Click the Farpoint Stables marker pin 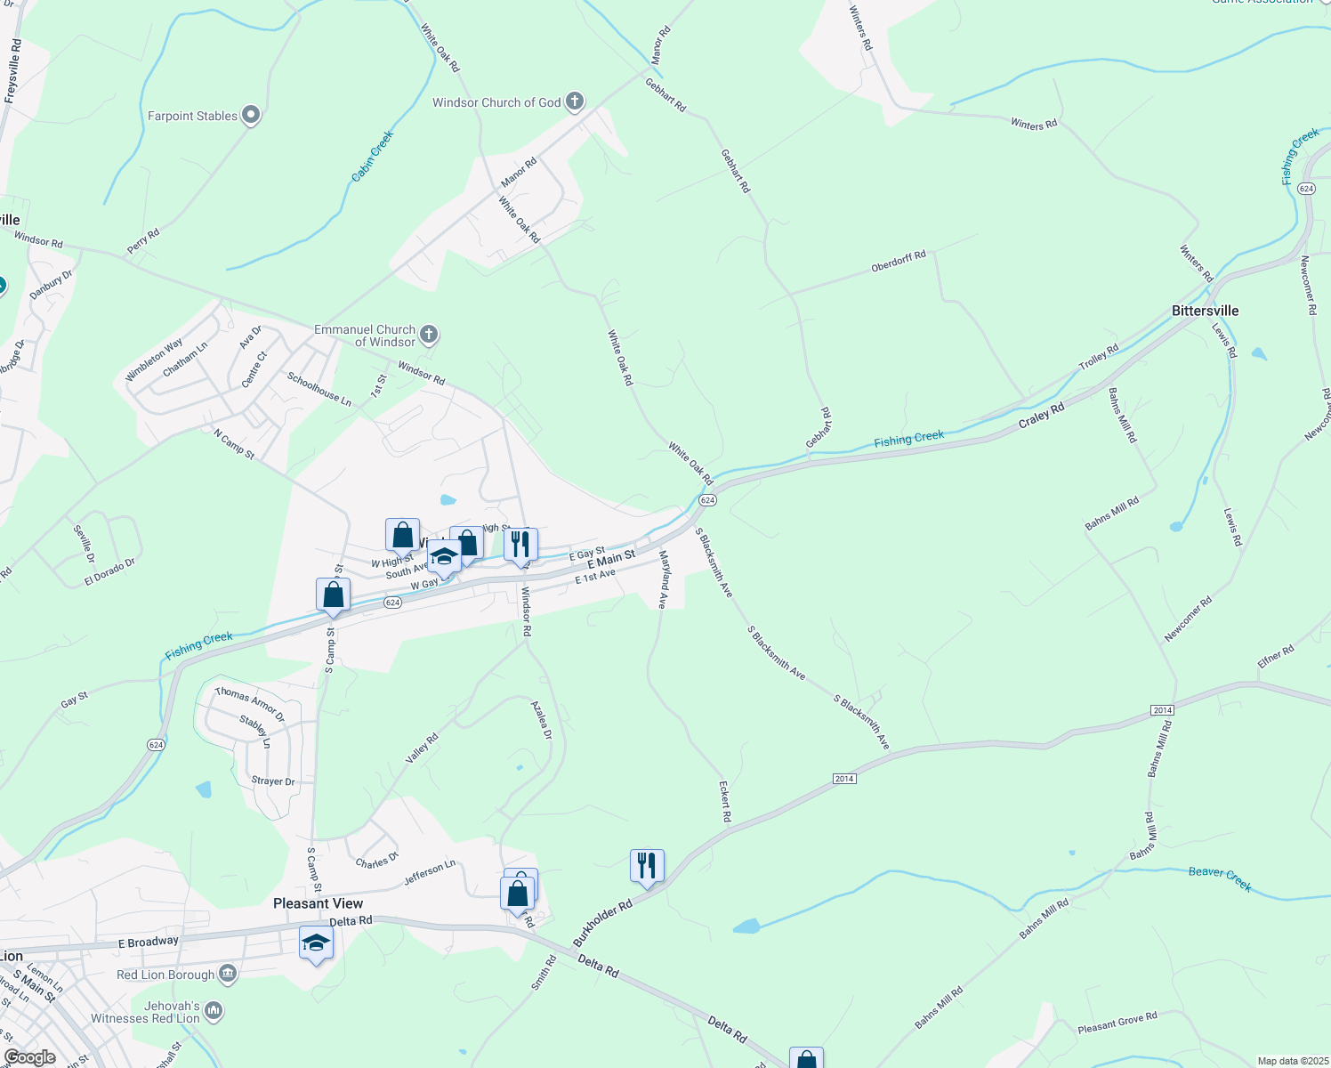(x=251, y=115)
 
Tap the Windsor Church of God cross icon (x=575, y=101)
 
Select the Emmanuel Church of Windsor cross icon (x=429, y=335)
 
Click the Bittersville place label (x=1205, y=311)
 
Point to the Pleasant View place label (x=318, y=903)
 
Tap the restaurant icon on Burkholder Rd (x=647, y=865)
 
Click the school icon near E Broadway (x=316, y=943)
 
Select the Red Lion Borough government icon (x=228, y=974)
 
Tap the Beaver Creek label (x=1220, y=878)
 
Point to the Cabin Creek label (x=372, y=157)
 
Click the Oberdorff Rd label (x=899, y=262)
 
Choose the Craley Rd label (x=1041, y=416)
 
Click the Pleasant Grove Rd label (x=1117, y=1023)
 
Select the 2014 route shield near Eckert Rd (x=844, y=779)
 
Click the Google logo (x=29, y=1057)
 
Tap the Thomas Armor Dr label (x=249, y=703)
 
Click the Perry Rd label (x=143, y=240)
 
